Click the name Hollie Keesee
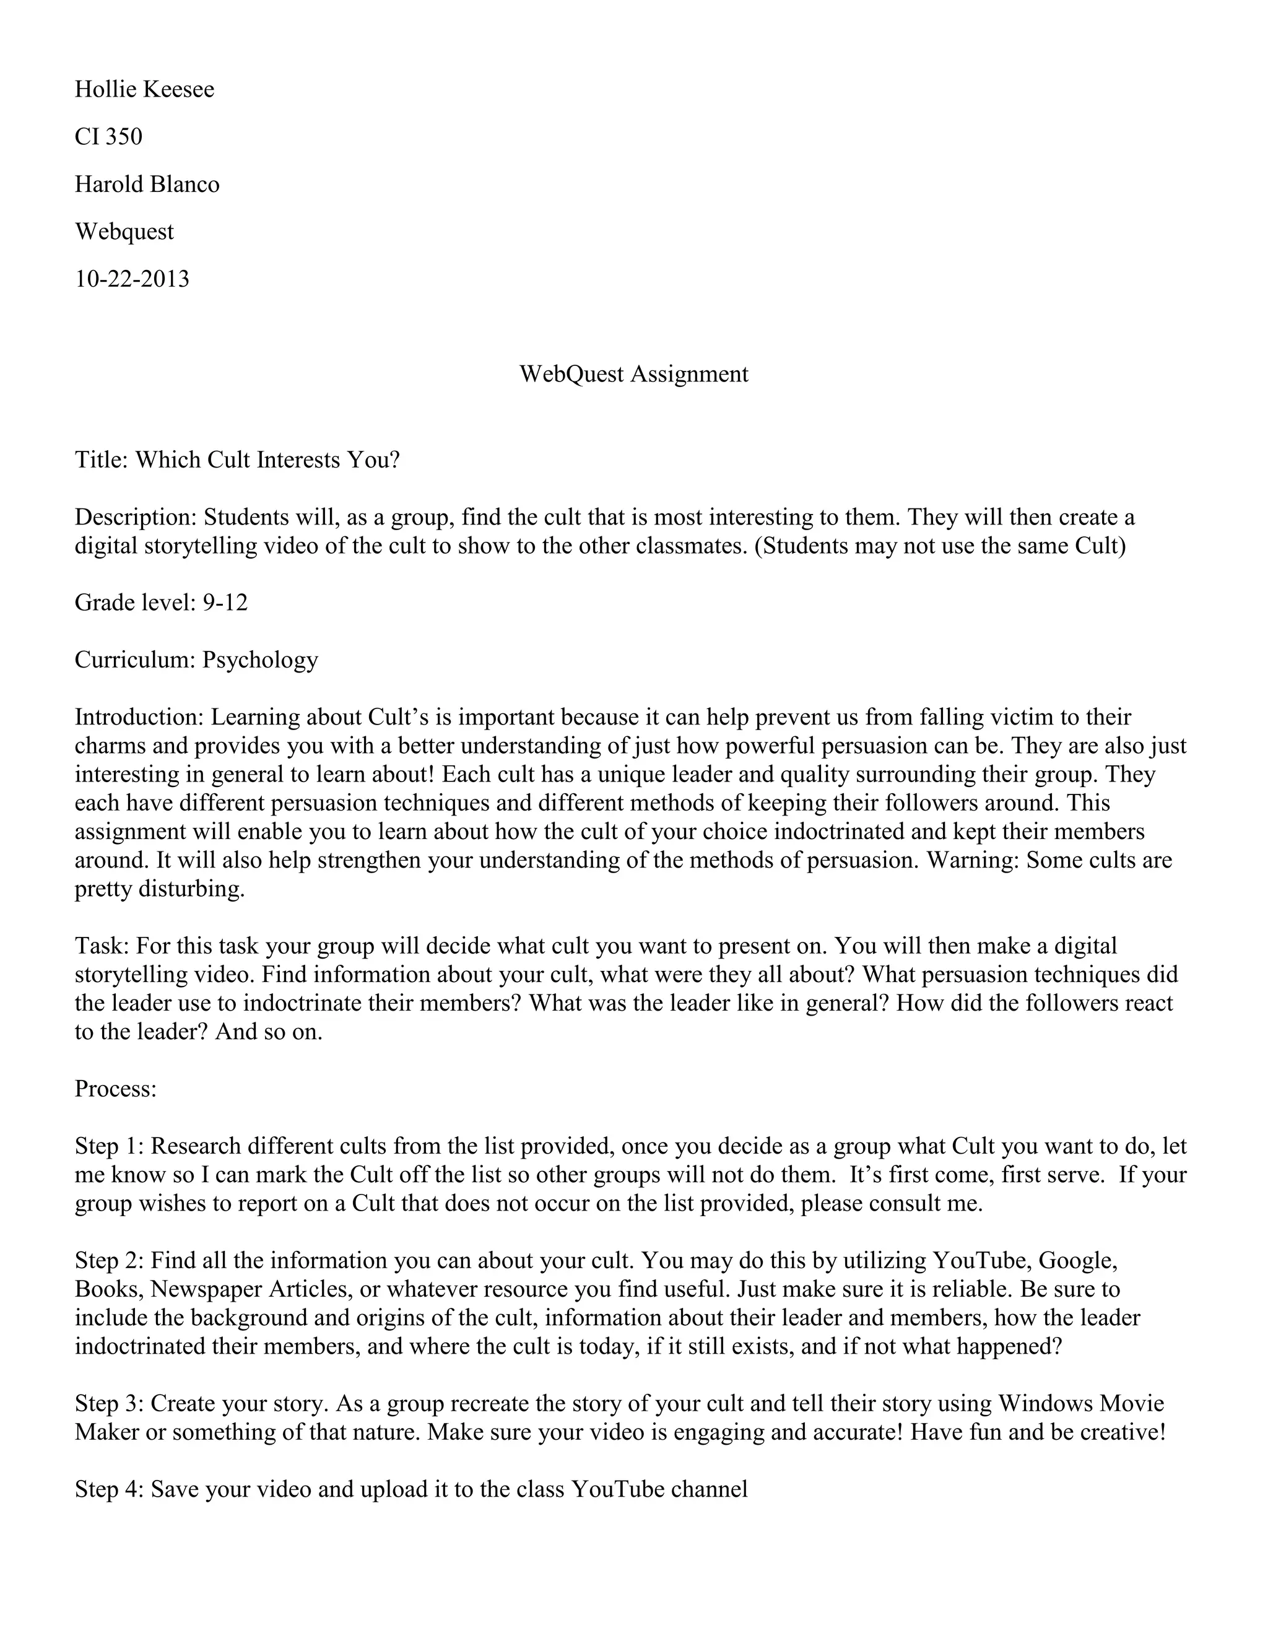pyautogui.click(x=144, y=89)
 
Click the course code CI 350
pyautogui.click(x=108, y=137)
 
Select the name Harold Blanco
pyautogui.click(x=147, y=184)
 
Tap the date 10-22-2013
pyautogui.click(x=132, y=279)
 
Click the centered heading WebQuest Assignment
pyautogui.click(x=633, y=373)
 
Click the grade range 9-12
pyautogui.click(x=225, y=602)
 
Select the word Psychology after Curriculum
pyautogui.click(x=260, y=659)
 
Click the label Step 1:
pyautogui.click(x=110, y=1145)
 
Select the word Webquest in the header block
pyautogui.click(x=124, y=232)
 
